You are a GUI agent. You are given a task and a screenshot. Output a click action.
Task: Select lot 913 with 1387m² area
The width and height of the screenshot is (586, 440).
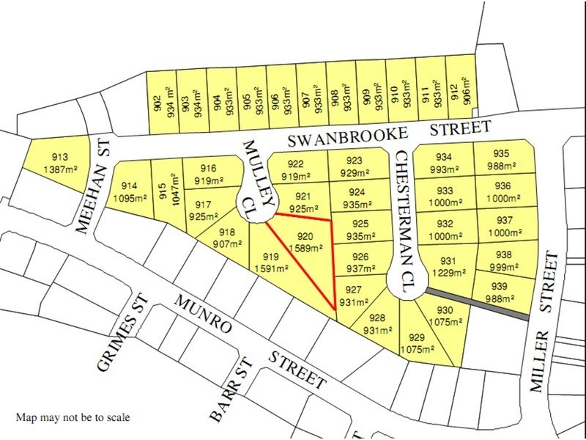point(61,163)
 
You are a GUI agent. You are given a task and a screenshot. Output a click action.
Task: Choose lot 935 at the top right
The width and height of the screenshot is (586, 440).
point(502,158)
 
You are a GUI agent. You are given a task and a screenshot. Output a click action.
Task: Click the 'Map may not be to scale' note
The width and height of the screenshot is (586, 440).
point(73,418)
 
